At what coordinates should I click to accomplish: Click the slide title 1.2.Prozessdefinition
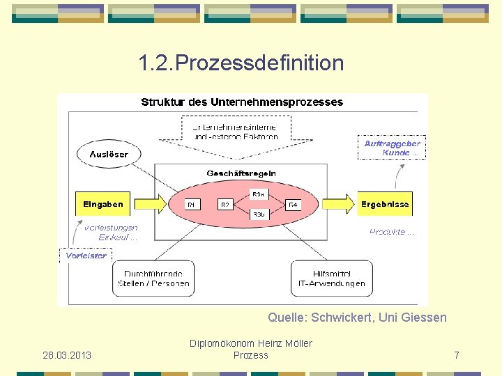(241, 63)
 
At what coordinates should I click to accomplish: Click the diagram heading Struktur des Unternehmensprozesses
(242, 102)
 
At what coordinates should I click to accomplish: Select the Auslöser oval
(109, 154)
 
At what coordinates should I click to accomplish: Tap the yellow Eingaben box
(103, 204)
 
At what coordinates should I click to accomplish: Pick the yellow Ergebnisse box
(385, 204)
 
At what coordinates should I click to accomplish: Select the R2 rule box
(225, 205)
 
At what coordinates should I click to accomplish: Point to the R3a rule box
(258, 194)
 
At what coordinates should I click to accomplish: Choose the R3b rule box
(258, 214)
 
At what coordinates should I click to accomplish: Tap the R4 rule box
(294, 205)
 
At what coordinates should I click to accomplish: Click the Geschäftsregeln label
(241, 173)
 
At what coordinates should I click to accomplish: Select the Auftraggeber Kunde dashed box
(392, 148)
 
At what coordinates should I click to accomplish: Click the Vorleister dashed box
(86, 256)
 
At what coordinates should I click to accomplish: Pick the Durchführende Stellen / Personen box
(153, 279)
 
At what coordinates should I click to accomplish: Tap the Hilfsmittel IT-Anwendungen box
(330, 279)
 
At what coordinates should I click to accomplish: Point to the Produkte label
(391, 232)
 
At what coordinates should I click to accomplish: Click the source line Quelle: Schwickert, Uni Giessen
(357, 318)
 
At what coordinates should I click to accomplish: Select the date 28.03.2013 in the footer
(67, 355)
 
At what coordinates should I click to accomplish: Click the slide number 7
(456, 355)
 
